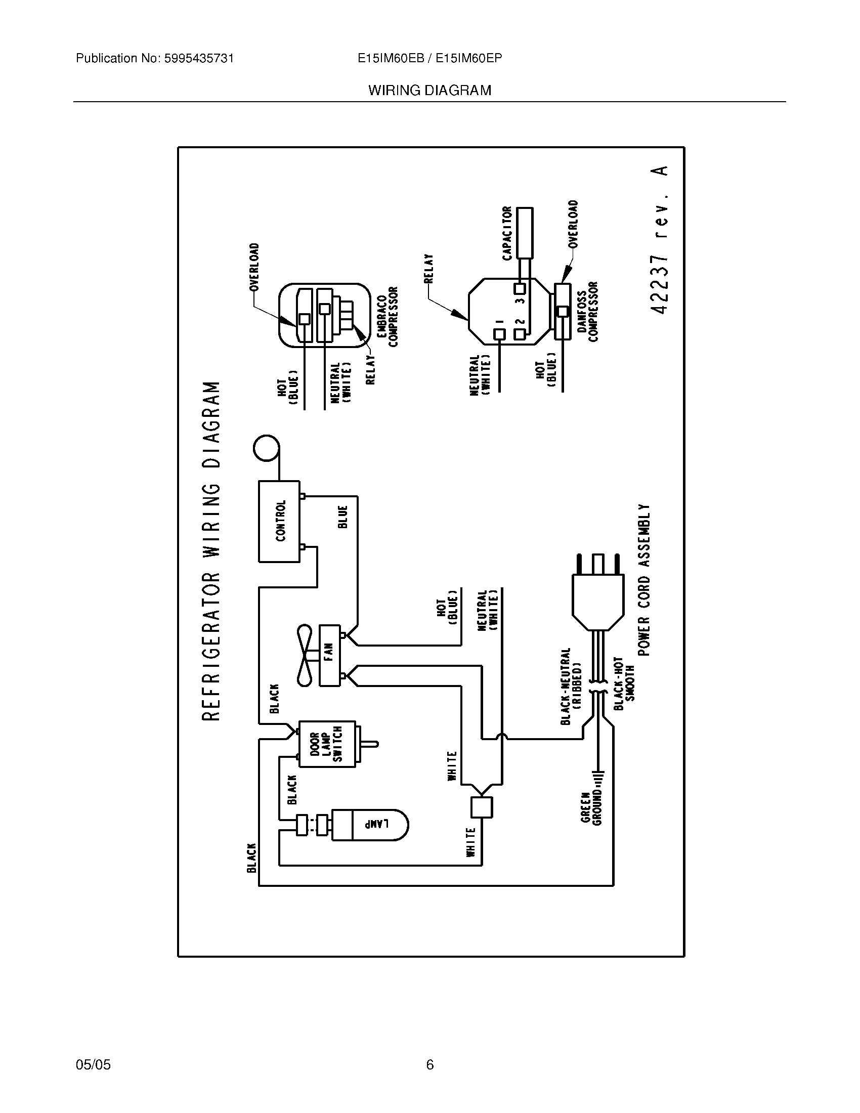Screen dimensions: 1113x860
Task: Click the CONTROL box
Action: (279, 521)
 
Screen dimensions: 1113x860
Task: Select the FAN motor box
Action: (329, 655)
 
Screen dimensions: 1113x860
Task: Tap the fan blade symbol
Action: (307, 655)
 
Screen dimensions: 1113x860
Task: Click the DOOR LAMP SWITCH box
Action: (327, 744)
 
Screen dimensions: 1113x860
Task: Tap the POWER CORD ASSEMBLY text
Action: (644, 580)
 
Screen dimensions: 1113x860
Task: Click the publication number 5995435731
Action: (199, 59)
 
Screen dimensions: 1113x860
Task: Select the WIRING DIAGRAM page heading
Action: (429, 91)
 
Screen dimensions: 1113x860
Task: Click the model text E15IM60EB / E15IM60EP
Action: (429, 59)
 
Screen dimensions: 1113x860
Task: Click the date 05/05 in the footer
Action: (93, 1064)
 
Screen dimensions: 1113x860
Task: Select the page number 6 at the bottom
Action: (429, 1064)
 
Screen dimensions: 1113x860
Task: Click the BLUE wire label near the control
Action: (343, 517)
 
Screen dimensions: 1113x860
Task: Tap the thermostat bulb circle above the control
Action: (266, 448)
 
